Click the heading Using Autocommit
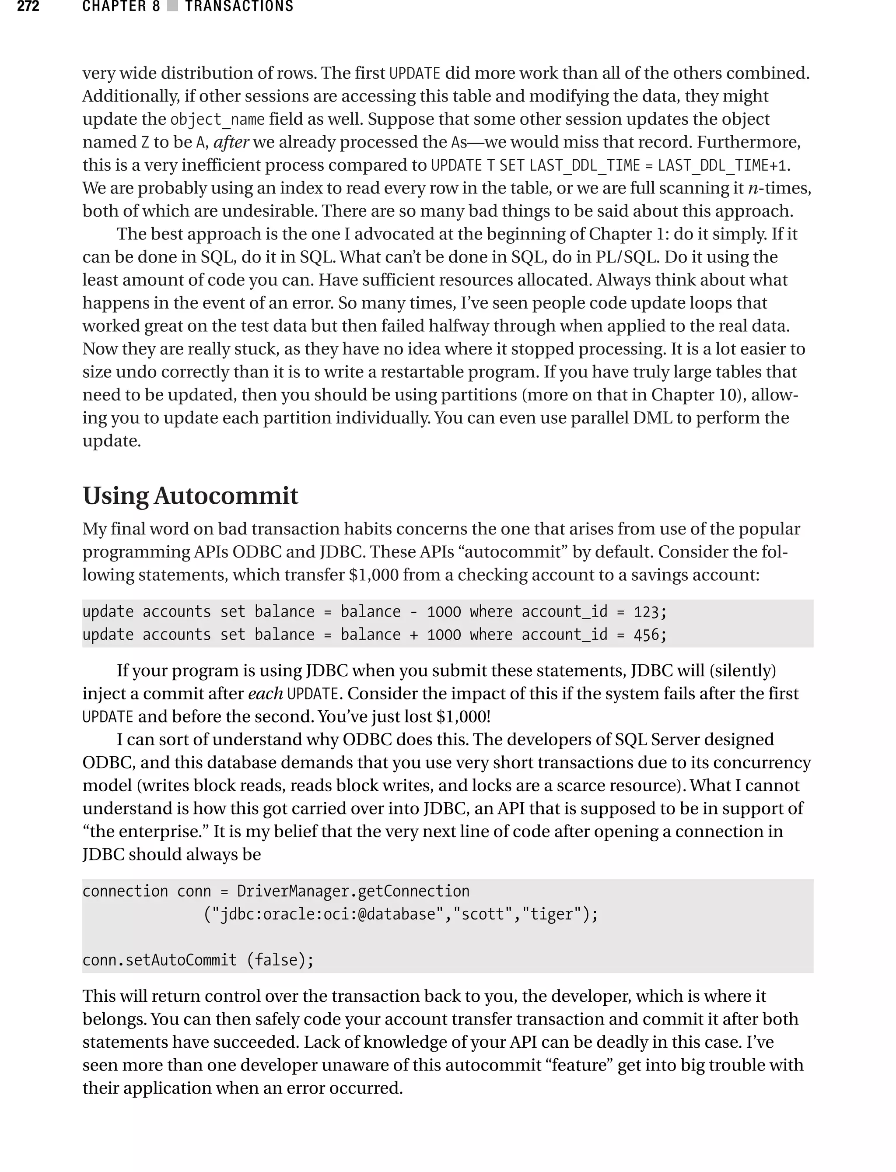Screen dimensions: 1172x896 point(190,495)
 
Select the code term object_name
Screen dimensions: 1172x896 point(217,119)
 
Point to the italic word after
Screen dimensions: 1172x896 point(231,142)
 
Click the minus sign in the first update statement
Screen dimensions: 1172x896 point(414,612)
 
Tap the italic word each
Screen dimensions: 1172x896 point(265,694)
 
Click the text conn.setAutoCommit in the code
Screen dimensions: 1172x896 point(159,960)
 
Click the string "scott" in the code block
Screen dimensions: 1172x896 point(483,914)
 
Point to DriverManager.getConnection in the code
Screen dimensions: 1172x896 point(353,891)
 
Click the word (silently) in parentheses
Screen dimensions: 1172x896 point(745,670)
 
